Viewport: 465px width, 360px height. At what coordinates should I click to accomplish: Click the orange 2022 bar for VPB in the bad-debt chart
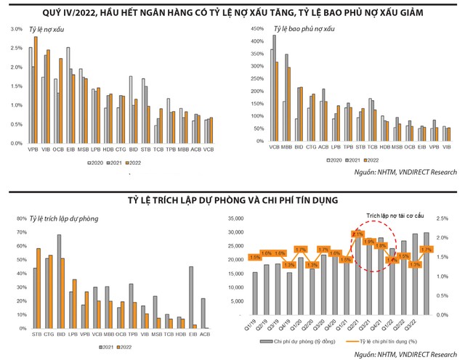(x=36, y=86)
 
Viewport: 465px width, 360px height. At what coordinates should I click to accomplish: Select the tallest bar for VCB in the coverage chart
(x=275, y=87)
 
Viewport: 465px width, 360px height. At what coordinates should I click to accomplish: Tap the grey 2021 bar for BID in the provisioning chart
(x=59, y=279)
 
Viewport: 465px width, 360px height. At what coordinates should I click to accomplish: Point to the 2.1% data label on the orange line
(x=357, y=234)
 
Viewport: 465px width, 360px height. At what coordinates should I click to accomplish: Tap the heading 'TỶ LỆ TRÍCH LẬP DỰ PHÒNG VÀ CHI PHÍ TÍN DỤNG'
(x=232, y=198)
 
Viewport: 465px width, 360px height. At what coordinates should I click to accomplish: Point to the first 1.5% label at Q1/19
(x=254, y=257)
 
